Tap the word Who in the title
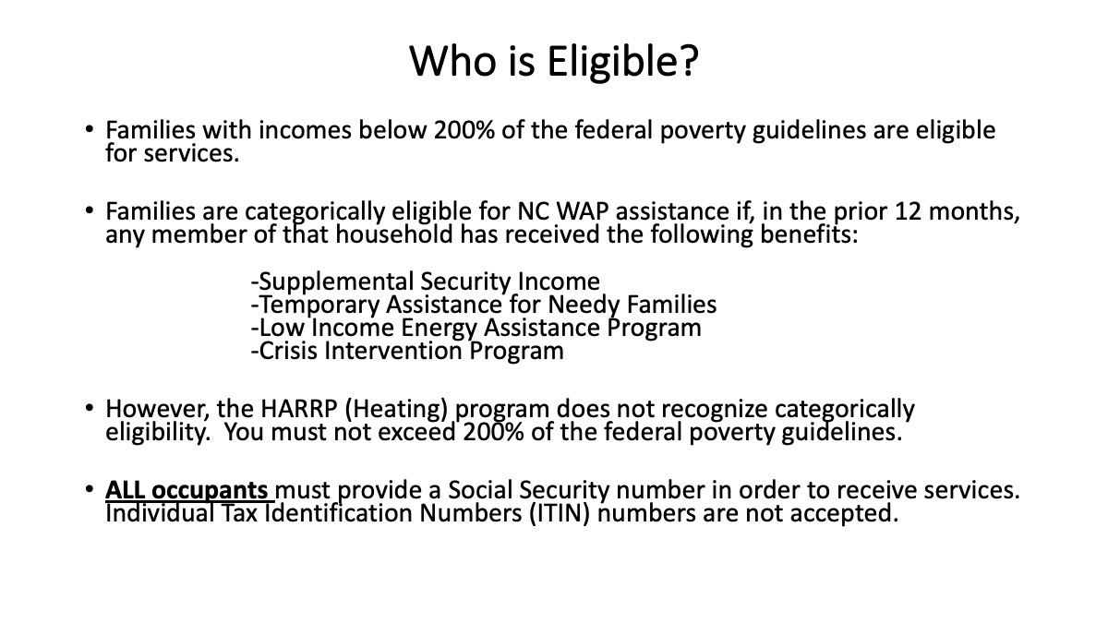pyautogui.click(x=452, y=60)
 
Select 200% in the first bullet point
pyautogui.click(x=464, y=129)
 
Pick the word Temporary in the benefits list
pyautogui.click(x=319, y=306)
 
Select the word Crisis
pyautogui.click(x=288, y=351)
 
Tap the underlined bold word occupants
pyautogui.click(x=210, y=491)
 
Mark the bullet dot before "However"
pyautogui.click(x=89, y=408)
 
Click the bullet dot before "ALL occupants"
pyautogui.click(x=89, y=489)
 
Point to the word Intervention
pyautogui.click(x=392, y=351)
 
